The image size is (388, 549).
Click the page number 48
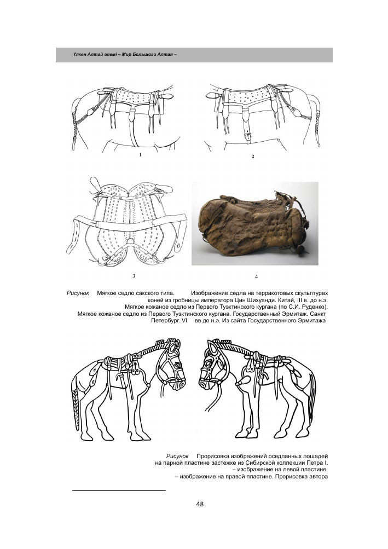(x=199, y=504)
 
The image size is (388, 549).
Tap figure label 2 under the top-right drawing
(x=252, y=157)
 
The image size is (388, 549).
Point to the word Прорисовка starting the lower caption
(x=215, y=456)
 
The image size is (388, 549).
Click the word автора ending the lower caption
(x=314, y=477)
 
